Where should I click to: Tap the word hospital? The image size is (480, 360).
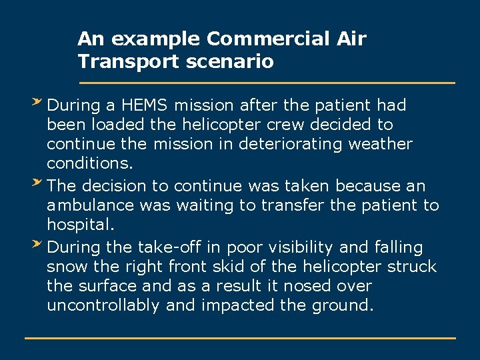[x=75, y=225]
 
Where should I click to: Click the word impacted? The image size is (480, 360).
[x=234, y=305]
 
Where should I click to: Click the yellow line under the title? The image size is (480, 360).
[x=267, y=83]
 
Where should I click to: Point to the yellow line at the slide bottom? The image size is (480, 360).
[x=240, y=338]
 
